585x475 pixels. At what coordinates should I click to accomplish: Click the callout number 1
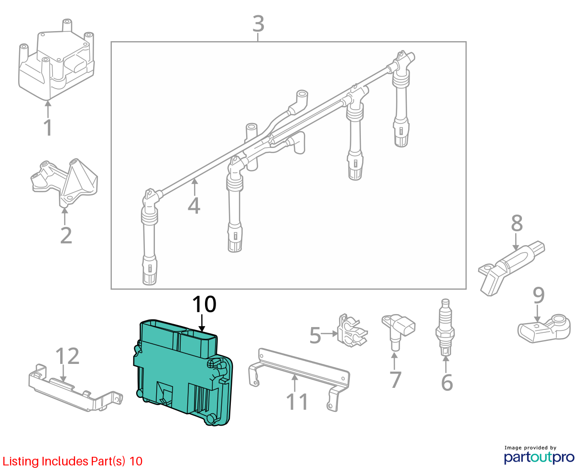coord(48,127)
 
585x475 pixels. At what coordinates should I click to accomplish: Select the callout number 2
coord(66,235)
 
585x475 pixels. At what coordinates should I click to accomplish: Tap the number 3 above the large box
coord(259,23)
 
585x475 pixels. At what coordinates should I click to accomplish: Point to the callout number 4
coord(194,205)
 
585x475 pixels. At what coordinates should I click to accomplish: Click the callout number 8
coord(517,223)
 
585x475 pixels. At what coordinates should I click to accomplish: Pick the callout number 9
coord(539,295)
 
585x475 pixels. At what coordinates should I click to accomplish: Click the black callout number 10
coord(205,304)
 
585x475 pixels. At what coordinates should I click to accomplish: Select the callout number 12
coord(67,356)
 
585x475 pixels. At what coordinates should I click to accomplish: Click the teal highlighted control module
coord(183,373)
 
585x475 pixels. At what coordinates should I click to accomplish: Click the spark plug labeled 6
coord(445,328)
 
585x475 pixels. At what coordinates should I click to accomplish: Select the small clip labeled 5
coord(352,330)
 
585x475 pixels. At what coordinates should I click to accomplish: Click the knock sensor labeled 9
coord(544,329)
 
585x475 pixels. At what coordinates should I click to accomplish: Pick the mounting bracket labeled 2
coord(65,183)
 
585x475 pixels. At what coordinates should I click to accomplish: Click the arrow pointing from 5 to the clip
coord(329,334)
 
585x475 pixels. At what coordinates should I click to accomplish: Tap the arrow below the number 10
coord(202,323)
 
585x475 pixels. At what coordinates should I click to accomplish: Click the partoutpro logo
coord(539,458)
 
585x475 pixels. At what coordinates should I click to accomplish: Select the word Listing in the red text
coord(18,462)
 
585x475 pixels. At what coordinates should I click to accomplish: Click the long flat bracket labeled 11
coord(299,379)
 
